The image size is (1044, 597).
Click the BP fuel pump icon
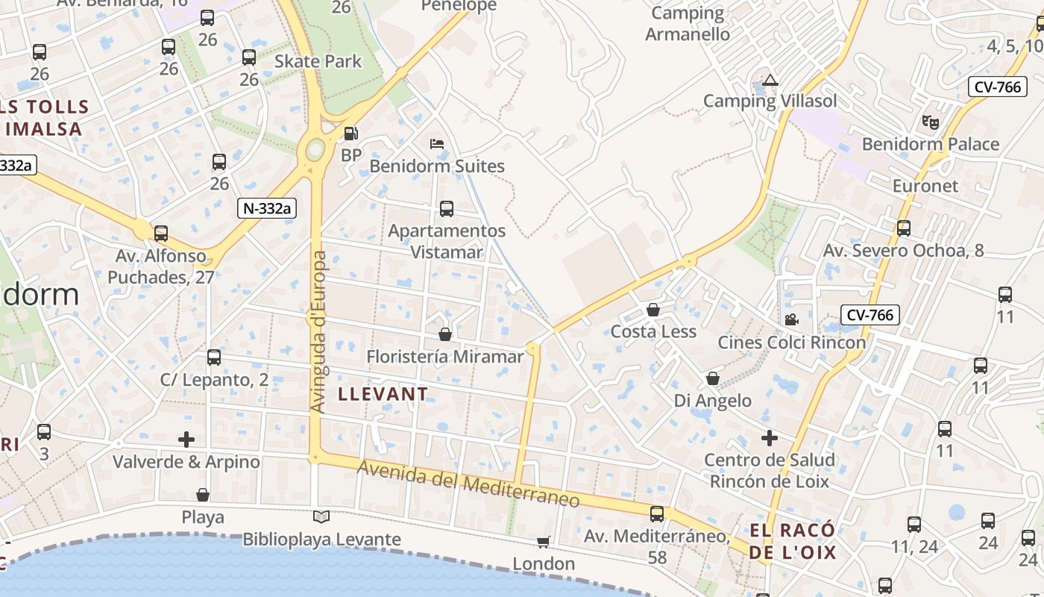pyautogui.click(x=350, y=134)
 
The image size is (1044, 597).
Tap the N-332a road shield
pyautogui.click(x=267, y=208)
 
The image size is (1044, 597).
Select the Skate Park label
pyautogui.click(x=318, y=61)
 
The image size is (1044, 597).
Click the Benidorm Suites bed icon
pyautogui.click(x=437, y=143)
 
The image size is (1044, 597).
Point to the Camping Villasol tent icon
pyautogui.click(x=770, y=79)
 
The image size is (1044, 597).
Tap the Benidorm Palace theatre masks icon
pyautogui.click(x=930, y=121)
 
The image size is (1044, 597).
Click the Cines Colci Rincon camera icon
pyautogui.click(x=791, y=320)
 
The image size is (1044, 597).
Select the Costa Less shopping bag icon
pyautogui.click(x=653, y=310)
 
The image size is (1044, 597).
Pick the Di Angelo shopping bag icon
pyautogui.click(x=713, y=378)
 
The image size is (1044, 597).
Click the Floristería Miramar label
pyautogui.click(x=445, y=357)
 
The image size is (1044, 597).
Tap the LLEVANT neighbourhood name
pyautogui.click(x=383, y=394)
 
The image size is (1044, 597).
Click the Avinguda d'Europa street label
pyautogui.click(x=319, y=332)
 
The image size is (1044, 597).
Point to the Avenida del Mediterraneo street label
pyautogui.click(x=468, y=484)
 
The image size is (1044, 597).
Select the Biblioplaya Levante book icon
pyautogui.click(x=321, y=516)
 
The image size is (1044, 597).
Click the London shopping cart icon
pyautogui.click(x=544, y=542)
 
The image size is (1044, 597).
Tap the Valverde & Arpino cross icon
pyautogui.click(x=186, y=440)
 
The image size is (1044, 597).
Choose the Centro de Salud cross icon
pyautogui.click(x=769, y=437)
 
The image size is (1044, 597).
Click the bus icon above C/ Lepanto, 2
pyautogui.click(x=214, y=357)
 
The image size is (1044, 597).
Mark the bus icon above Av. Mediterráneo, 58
pyautogui.click(x=657, y=513)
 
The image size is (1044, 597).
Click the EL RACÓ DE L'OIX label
pyautogui.click(x=792, y=542)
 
